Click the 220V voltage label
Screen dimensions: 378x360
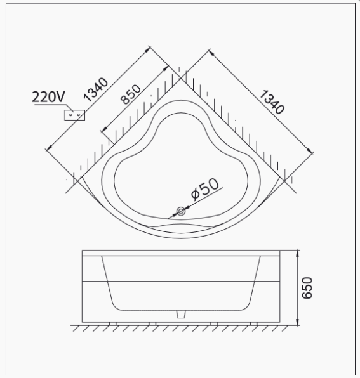48,96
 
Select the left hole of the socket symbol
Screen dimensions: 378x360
72,115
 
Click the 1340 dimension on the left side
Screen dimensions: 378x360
97,89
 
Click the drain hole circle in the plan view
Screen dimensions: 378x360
181,212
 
